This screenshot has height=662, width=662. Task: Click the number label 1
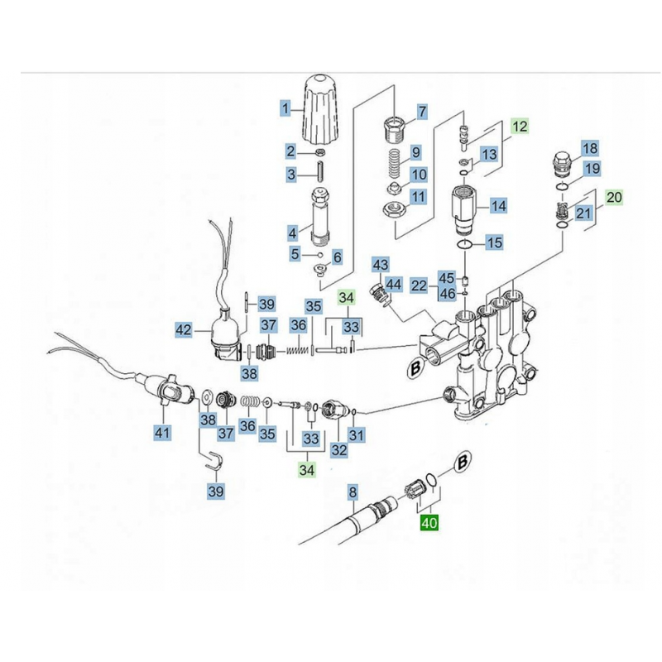285,108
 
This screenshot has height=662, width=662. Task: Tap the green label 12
519,127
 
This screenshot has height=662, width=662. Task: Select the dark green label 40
429,523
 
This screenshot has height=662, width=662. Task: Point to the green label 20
613,198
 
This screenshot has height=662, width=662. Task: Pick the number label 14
499,205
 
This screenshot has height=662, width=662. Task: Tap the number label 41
162,431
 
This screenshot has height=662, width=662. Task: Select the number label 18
590,149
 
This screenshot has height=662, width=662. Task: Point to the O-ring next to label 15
467,245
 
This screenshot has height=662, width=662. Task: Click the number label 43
380,265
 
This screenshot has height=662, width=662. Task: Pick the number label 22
420,286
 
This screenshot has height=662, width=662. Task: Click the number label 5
294,252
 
